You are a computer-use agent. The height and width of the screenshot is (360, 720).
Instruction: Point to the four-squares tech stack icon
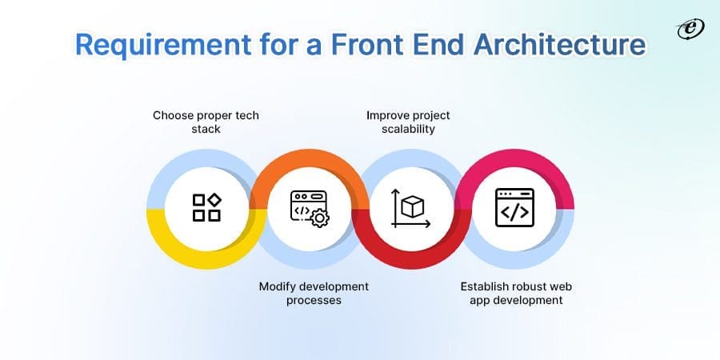coord(206,207)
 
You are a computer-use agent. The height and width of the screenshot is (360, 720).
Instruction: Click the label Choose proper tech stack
coord(206,122)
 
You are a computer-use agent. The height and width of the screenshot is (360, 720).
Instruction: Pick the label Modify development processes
coord(314,293)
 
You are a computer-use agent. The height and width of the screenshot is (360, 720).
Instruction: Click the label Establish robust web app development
coord(515,293)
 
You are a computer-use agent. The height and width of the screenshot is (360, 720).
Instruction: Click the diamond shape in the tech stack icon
coord(214,198)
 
